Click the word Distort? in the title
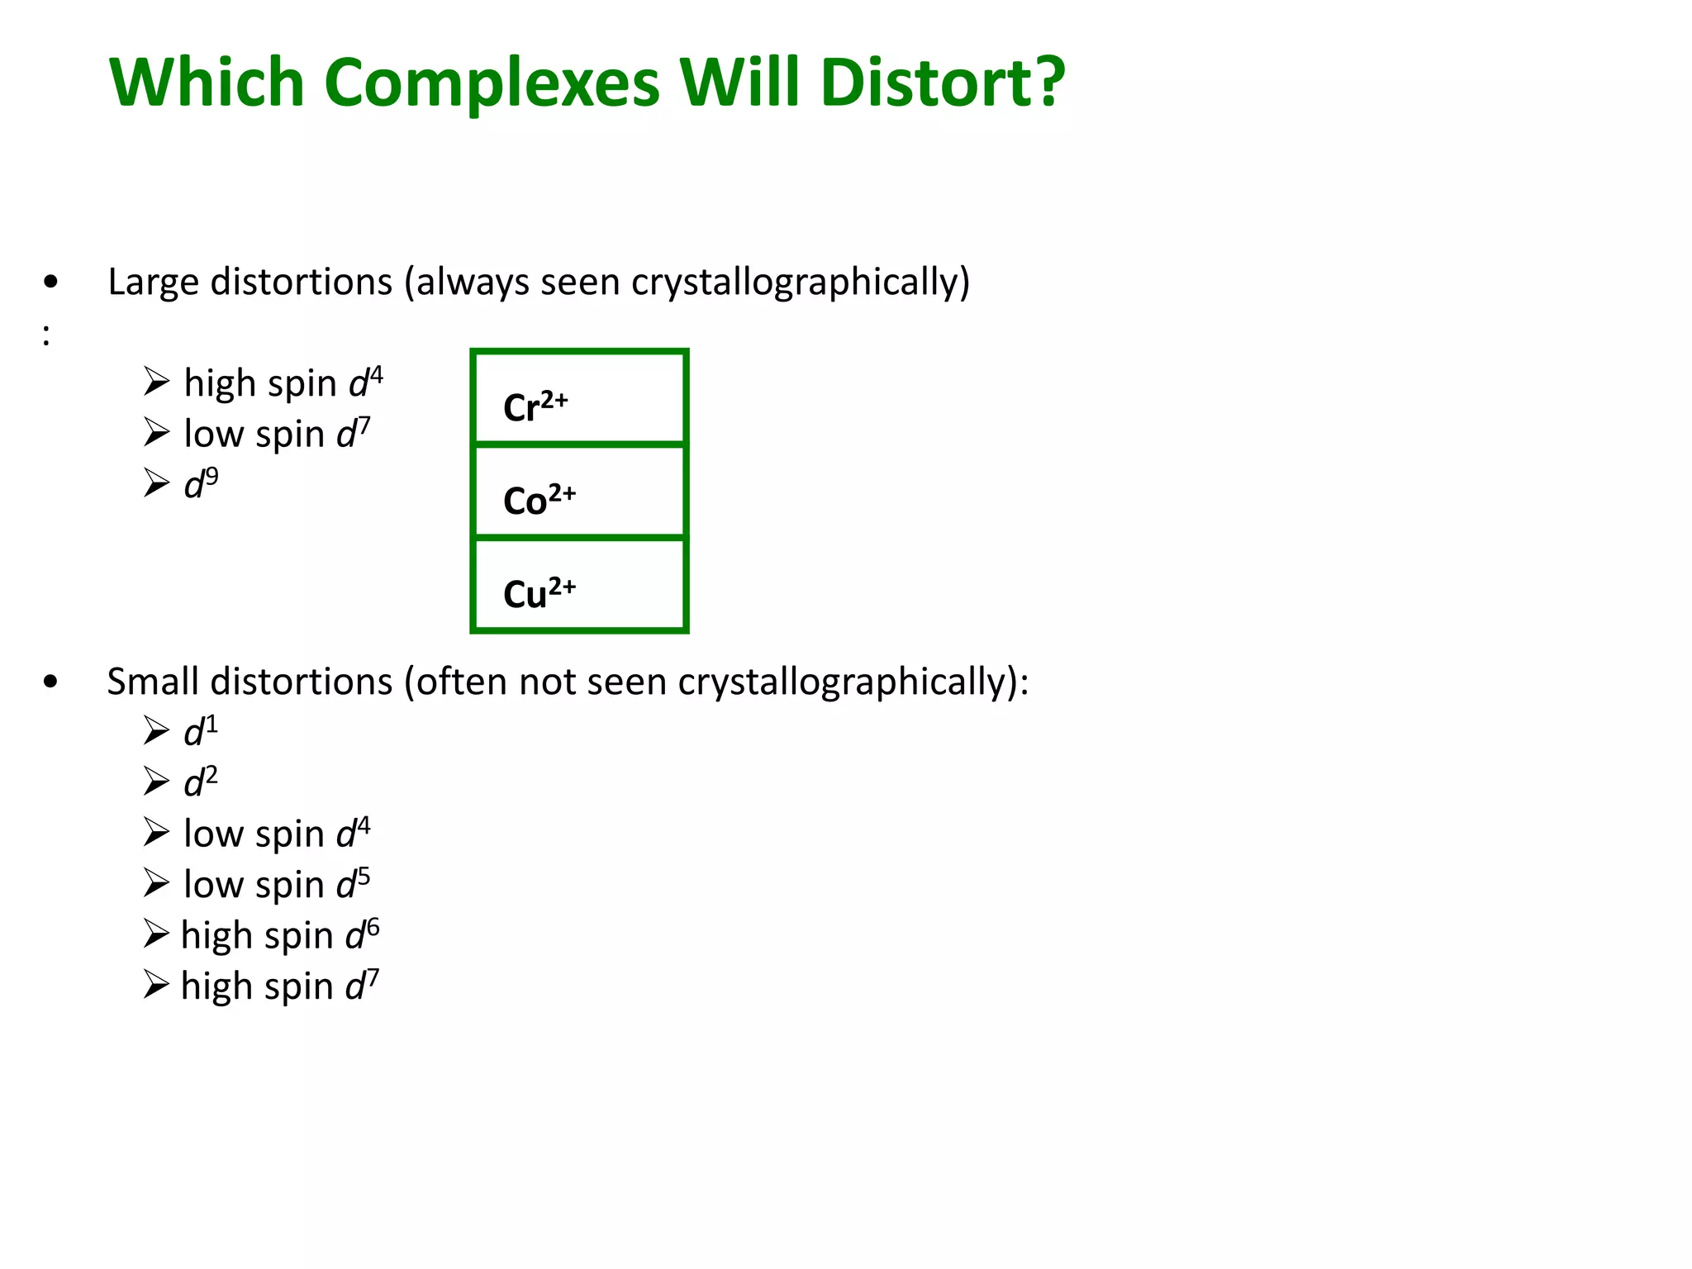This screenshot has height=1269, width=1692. (943, 83)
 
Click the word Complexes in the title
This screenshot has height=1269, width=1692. (492, 83)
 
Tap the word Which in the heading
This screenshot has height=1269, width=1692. (207, 83)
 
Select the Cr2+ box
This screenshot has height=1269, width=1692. (579, 398)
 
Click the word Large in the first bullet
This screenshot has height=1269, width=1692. (153, 283)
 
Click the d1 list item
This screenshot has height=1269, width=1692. (201, 731)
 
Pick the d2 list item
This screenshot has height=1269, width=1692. (201, 782)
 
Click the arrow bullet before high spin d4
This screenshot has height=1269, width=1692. (155, 382)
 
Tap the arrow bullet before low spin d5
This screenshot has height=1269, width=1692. (155, 883)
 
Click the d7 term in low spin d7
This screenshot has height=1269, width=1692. (354, 433)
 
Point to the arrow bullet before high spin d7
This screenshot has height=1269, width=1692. (155, 985)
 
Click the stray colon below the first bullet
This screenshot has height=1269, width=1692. (46, 335)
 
